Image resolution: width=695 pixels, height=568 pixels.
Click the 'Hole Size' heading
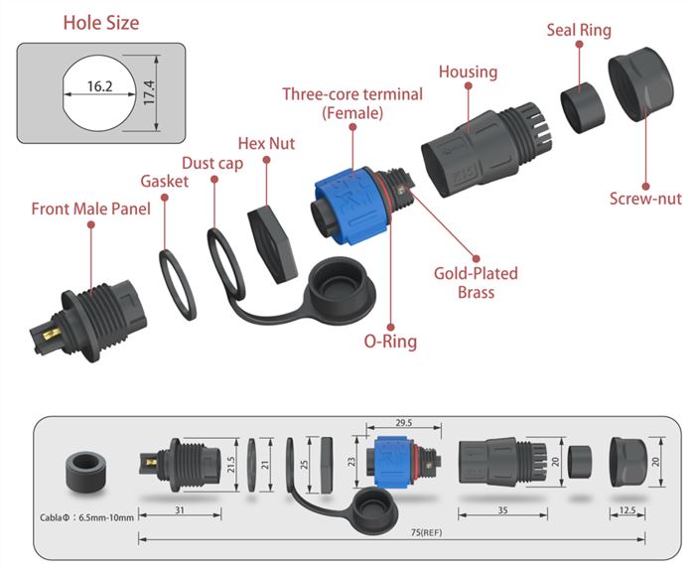tap(101, 23)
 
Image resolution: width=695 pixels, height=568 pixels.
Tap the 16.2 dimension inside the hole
tap(99, 86)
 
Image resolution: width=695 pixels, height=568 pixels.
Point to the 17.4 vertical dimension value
tap(149, 92)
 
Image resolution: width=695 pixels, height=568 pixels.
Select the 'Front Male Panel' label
tap(91, 209)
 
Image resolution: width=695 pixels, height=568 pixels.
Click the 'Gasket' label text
tap(165, 181)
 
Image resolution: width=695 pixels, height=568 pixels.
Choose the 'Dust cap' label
tap(212, 163)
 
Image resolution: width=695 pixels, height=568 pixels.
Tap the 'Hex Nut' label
tap(266, 143)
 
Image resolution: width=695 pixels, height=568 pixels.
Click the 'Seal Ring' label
tap(579, 30)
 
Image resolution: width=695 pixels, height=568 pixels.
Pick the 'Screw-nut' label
tap(645, 199)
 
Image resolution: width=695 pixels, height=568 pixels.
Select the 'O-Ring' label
tap(390, 342)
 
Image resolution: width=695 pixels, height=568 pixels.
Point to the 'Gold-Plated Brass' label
tap(476, 282)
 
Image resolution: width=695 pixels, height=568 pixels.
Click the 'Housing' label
tap(468, 71)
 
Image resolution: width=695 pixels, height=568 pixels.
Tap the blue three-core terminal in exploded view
tap(352, 205)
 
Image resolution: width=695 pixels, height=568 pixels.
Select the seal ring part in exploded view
tap(583, 108)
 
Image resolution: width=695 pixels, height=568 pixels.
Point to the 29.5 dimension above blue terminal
tap(403, 423)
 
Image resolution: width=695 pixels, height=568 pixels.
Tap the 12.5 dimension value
tap(627, 510)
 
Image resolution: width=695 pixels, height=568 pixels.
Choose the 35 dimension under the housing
tap(502, 510)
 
